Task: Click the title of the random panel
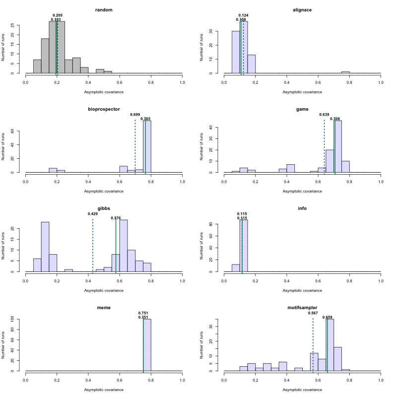pyautogui.click(x=104, y=10)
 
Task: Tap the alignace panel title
pyautogui.click(x=302, y=10)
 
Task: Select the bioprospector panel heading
pyautogui.click(x=104, y=109)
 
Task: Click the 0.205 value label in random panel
pyautogui.click(x=58, y=15)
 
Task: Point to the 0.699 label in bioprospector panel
pyautogui.click(x=135, y=115)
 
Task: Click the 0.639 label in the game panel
pyautogui.click(x=325, y=115)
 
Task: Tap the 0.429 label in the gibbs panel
pyautogui.click(x=93, y=214)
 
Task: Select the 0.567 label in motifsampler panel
pyautogui.click(x=313, y=313)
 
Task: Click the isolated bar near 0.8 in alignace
pyautogui.click(x=345, y=72)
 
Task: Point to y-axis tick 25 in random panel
pyautogui.click(x=18, y=25)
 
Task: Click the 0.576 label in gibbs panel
pyautogui.click(x=116, y=218)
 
